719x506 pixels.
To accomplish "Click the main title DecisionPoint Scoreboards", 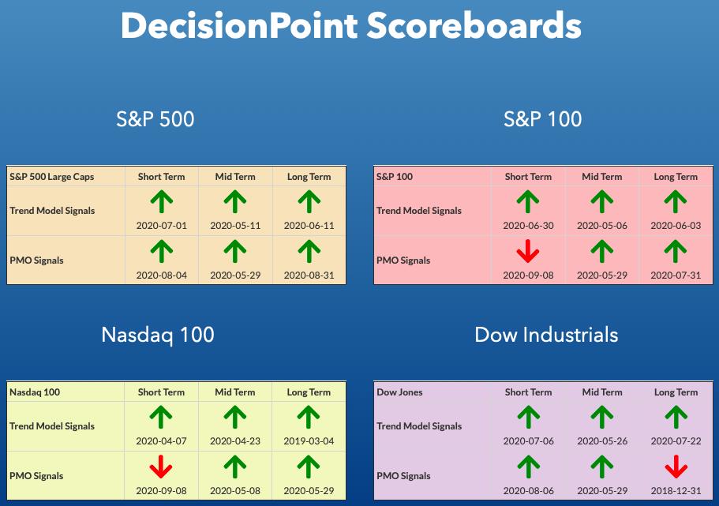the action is [350, 25].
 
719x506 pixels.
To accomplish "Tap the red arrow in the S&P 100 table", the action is [528, 251].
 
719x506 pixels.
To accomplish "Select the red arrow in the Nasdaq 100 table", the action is [161, 467].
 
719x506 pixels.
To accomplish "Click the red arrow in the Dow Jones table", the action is [676, 467].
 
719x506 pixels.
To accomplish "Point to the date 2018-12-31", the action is [676, 491].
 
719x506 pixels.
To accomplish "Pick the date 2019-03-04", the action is [309, 441].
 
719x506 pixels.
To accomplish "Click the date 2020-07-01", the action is [162, 226].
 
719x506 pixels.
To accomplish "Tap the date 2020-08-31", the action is [309, 275].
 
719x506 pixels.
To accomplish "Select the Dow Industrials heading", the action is [546, 335].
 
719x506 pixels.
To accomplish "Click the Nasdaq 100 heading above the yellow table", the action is [158, 335].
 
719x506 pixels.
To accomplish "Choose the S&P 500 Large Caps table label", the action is [52, 177].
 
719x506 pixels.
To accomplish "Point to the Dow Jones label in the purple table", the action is [399, 392].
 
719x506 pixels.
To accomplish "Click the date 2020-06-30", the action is [528, 226].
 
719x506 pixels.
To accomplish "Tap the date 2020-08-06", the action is [528, 491].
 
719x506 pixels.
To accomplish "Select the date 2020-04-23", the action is [234, 441].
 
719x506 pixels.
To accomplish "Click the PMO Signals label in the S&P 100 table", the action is [403, 260].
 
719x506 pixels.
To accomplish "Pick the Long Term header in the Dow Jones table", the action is [676, 392].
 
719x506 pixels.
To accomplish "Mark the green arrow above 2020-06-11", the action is [309, 201].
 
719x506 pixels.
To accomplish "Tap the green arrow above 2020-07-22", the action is [676, 417].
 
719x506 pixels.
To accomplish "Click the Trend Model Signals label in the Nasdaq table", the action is [52, 426].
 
